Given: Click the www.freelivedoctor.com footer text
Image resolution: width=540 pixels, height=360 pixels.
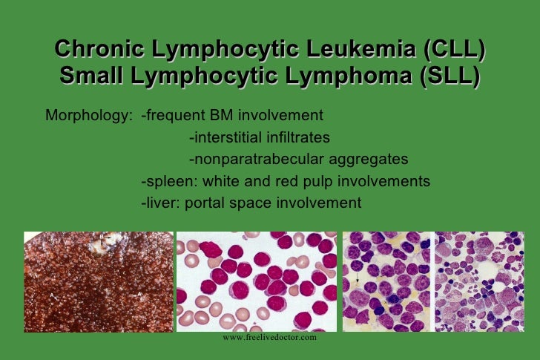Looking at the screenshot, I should [x=269, y=337].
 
